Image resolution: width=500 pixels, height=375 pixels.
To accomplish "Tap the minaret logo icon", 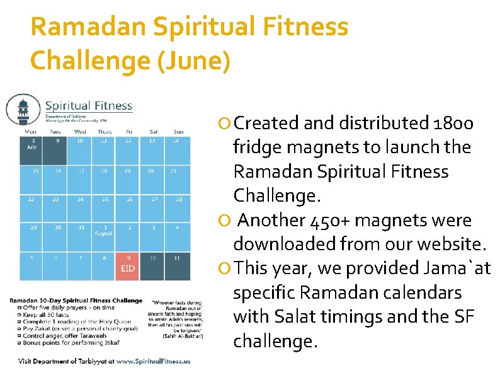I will [23, 110].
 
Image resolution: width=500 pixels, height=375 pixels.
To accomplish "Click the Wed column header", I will [80, 132].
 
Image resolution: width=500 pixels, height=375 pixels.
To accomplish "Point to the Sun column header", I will [178, 132].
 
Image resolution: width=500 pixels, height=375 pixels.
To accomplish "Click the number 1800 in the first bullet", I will [454, 122].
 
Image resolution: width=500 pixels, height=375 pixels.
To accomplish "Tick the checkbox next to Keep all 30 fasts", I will [12, 314].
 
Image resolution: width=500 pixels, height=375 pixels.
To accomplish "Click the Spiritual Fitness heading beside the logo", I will [88, 105].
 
